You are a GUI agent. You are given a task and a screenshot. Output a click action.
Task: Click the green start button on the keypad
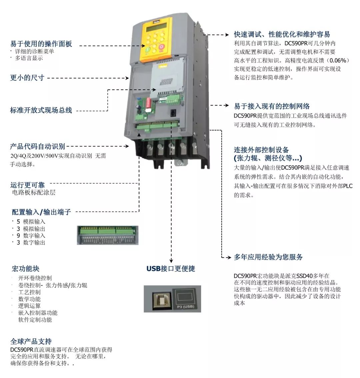148,50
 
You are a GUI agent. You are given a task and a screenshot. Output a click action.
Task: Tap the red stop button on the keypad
161,47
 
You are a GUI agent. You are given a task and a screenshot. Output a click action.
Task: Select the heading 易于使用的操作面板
41,44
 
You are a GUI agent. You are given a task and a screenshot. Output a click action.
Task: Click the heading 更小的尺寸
27,78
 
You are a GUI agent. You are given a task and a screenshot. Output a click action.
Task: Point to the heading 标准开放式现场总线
41,110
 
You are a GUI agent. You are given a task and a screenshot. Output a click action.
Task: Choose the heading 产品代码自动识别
38,146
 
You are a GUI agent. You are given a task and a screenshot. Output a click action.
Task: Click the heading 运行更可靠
27,185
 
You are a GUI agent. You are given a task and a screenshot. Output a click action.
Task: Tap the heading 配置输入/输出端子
41,212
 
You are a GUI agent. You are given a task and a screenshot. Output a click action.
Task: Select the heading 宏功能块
26,269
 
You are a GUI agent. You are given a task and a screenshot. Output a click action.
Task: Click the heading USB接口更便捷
171,269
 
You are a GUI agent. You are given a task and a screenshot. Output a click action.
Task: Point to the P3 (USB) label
186,307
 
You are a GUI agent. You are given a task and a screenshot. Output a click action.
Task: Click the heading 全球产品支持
31,341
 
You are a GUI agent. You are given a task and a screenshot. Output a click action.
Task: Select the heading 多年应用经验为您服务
268,257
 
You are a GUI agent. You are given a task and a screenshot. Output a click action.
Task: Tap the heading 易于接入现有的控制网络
272,106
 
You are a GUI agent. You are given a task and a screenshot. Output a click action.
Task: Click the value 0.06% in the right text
338,60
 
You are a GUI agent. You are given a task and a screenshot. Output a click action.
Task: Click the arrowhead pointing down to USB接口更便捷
171,261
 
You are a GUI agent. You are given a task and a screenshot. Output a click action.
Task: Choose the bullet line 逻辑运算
29,306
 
